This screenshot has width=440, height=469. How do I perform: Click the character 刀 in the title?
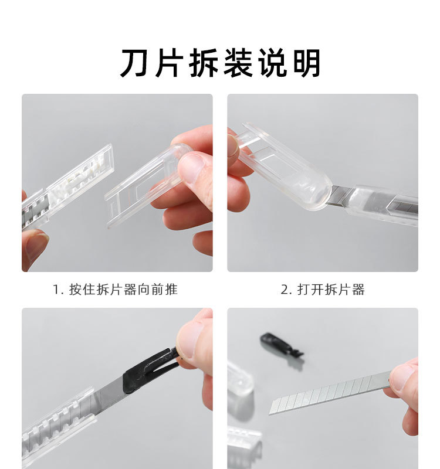click(134, 63)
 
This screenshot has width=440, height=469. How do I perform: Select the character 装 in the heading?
click(238, 63)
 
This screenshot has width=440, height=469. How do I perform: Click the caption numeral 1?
click(56, 290)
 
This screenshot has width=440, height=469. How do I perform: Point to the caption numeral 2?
click(285, 290)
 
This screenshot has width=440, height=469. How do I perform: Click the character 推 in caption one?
click(171, 290)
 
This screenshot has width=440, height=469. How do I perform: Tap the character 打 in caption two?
click(303, 290)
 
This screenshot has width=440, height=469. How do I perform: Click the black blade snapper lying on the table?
click(281, 345)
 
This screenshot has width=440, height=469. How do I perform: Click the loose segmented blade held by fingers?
click(329, 393)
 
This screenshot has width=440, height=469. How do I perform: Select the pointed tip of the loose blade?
click(270, 414)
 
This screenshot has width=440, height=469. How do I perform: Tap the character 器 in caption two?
click(358, 290)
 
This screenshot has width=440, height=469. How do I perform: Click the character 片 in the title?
click(169, 63)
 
